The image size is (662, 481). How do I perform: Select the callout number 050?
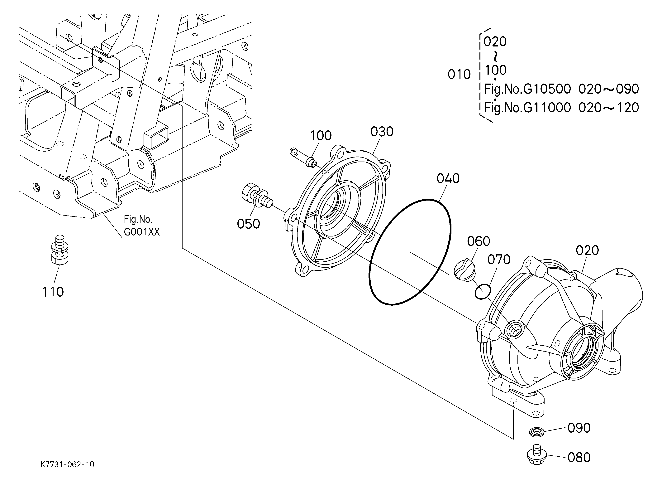248,224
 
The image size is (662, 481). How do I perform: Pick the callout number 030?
382,132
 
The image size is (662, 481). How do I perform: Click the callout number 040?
448,178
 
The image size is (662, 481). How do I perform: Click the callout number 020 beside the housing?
587,250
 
